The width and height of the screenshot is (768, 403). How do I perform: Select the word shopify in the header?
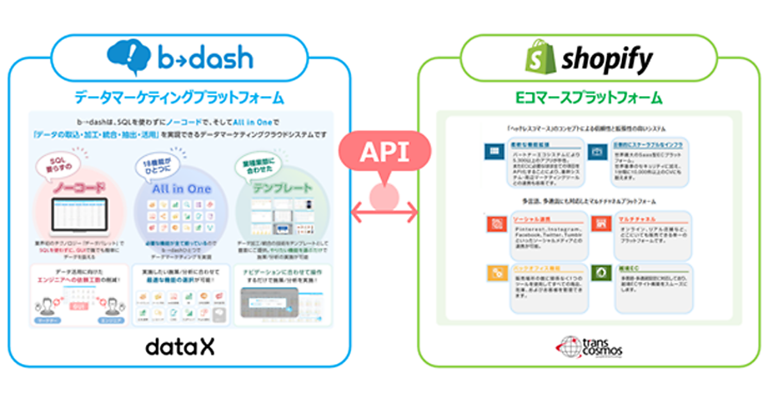coord(606,60)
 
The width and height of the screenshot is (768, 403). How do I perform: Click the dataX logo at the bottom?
coord(180,346)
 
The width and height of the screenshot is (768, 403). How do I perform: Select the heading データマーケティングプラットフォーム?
coord(179,98)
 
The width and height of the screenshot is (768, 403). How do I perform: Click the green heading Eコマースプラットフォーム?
coord(589,98)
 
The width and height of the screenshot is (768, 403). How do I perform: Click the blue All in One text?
coord(181,189)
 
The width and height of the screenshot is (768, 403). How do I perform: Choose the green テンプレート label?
coord(282,189)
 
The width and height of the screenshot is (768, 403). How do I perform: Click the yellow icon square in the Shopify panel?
coord(496,273)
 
